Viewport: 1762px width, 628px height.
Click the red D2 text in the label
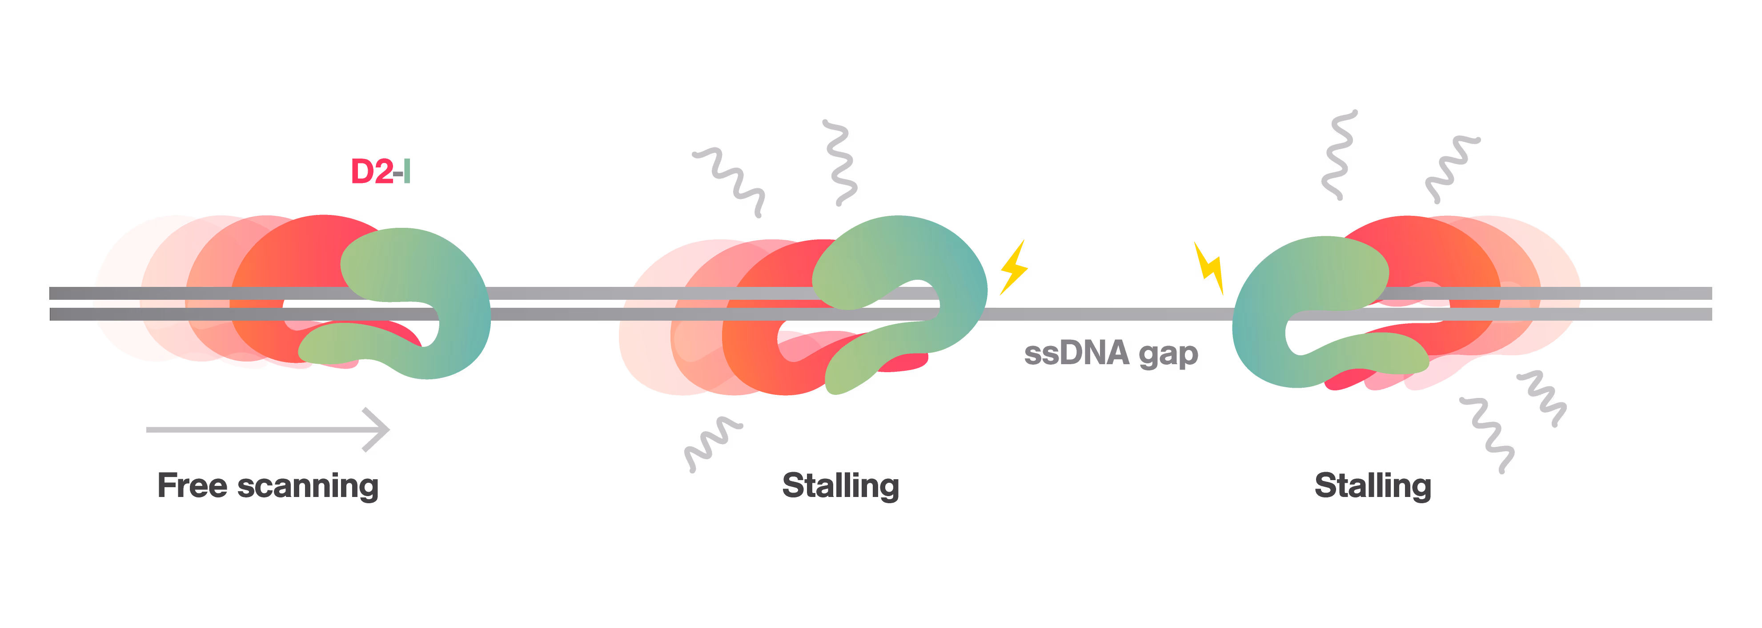371,171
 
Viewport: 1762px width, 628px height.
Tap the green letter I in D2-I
407,171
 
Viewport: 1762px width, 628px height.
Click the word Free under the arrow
192,486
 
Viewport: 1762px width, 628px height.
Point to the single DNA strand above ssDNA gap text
1108,314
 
